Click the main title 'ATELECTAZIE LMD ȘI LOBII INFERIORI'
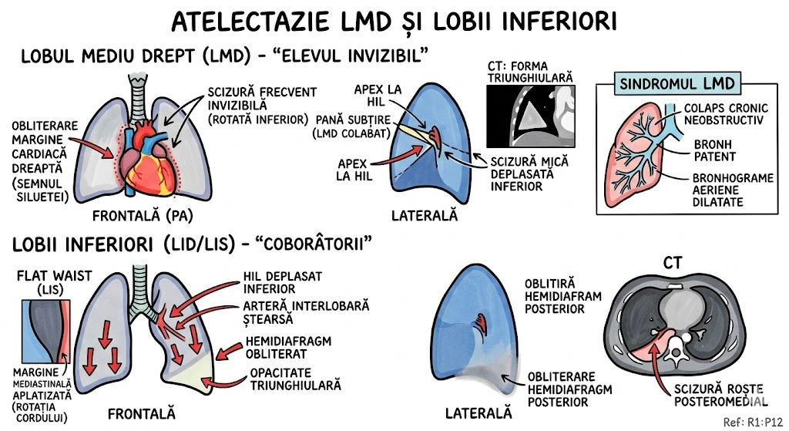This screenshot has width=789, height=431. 394,21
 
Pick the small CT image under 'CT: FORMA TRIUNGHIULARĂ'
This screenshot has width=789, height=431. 532,116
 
